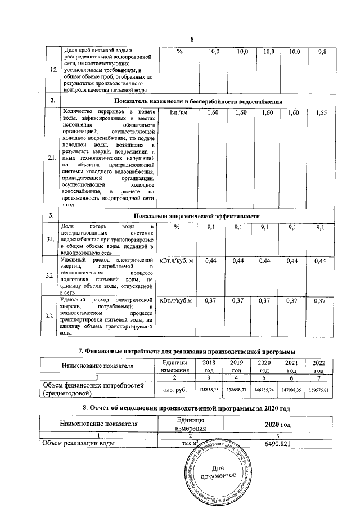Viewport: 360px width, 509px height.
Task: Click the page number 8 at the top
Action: point(192,39)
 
